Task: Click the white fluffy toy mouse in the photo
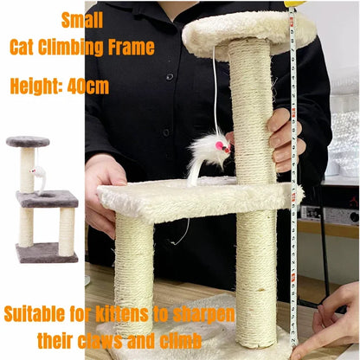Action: (x=208, y=156)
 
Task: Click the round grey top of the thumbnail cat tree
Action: (x=29, y=141)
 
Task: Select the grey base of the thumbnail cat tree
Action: (x=45, y=253)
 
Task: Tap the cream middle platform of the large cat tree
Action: (x=199, y=198)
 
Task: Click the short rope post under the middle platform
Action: (x=134, y=260)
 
